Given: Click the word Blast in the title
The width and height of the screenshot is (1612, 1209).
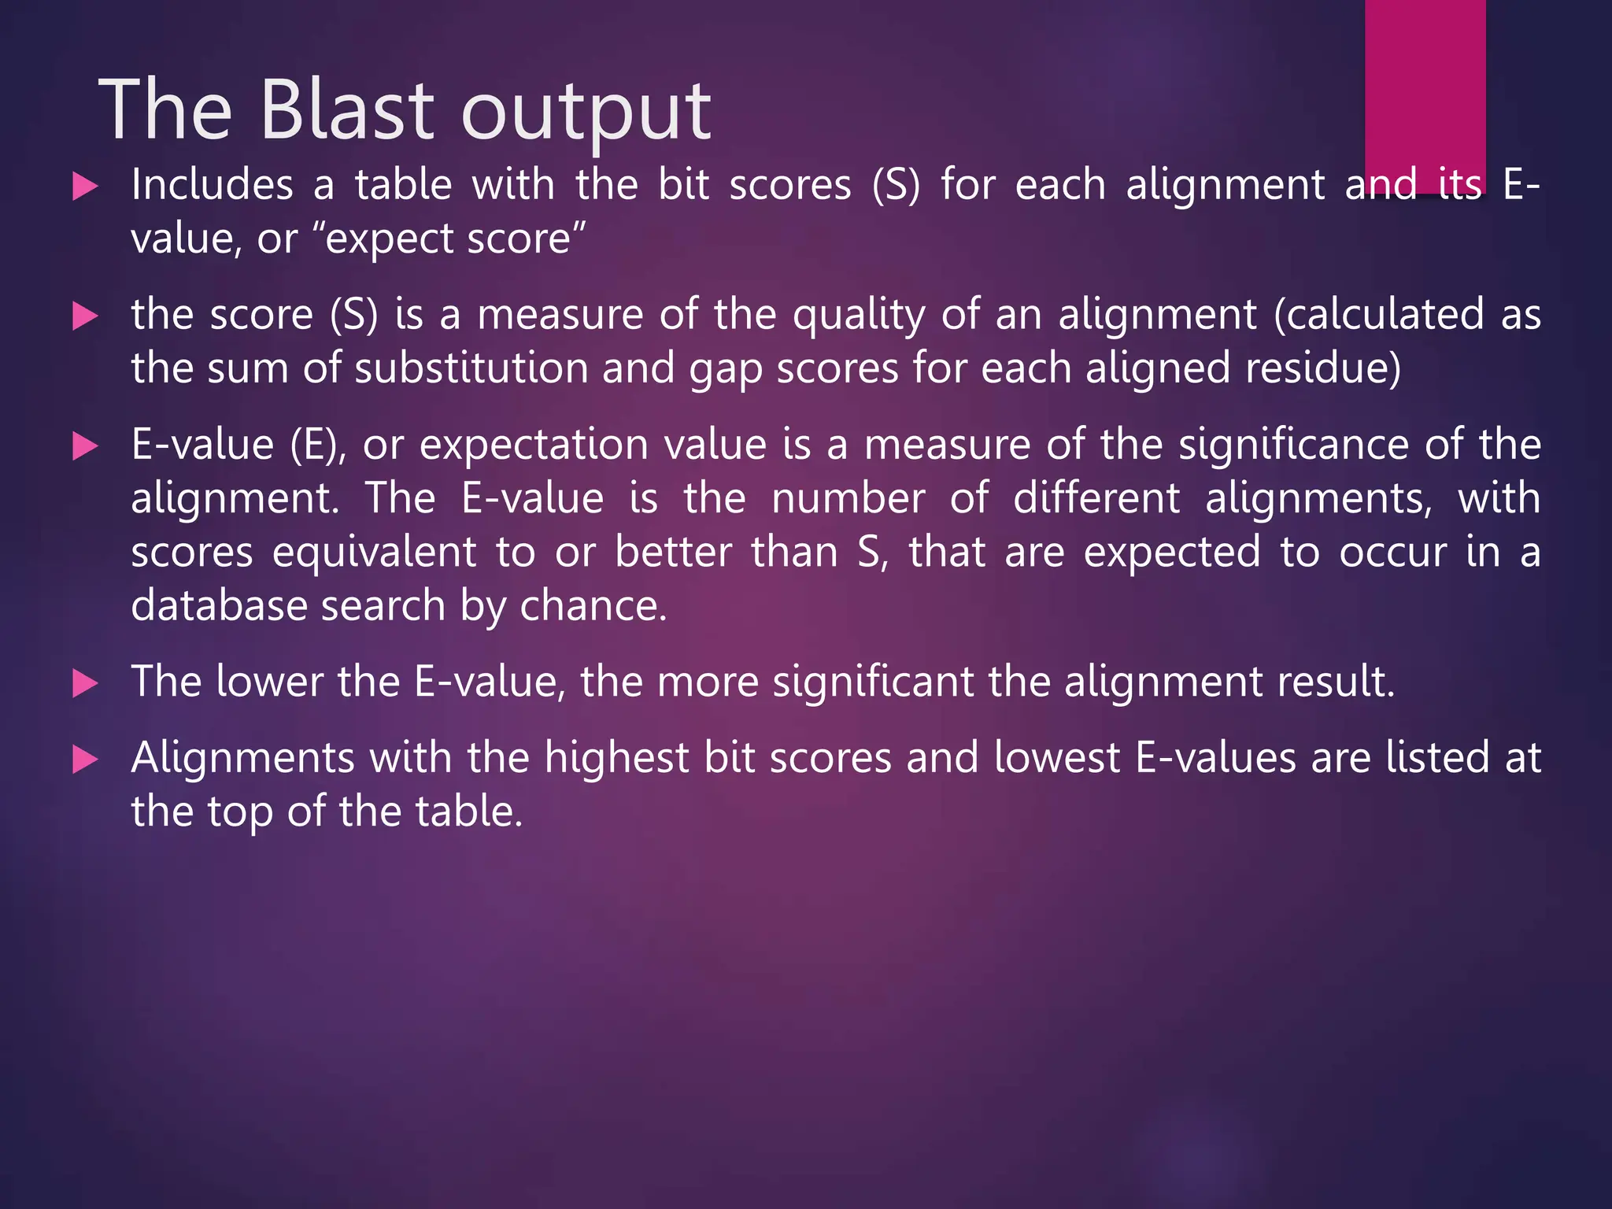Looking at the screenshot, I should [x=346, y=110].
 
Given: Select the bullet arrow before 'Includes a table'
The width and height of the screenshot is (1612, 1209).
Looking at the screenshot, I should [x=84, y=187].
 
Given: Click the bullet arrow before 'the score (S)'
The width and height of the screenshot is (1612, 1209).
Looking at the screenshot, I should [x=84, y=317].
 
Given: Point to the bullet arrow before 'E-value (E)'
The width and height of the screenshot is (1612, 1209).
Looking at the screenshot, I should [x=84, y=447].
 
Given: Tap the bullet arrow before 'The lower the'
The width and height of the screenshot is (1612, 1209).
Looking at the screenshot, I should [x=84, y=683].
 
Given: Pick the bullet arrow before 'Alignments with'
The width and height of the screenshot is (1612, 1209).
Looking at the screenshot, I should [x=84, y=760].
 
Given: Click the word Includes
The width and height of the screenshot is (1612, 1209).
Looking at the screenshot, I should [x=212, y=186].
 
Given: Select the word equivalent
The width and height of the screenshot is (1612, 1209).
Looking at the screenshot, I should [x=375, y=553].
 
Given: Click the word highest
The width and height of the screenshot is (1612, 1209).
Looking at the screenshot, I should [x=616, y=758].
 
